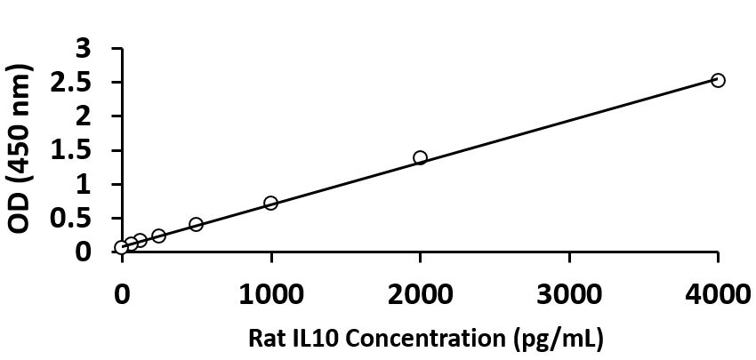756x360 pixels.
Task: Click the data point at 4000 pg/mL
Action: (718, 81)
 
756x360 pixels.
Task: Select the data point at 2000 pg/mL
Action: (420, 157)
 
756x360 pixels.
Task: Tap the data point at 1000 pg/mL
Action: (270, 203)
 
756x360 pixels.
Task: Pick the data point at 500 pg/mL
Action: (196, 224)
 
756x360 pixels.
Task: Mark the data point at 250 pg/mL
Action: (158, 236)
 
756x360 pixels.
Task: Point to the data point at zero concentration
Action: (121, 247)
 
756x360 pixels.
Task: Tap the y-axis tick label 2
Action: (83, 116)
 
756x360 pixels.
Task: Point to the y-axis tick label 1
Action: (83, 184)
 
